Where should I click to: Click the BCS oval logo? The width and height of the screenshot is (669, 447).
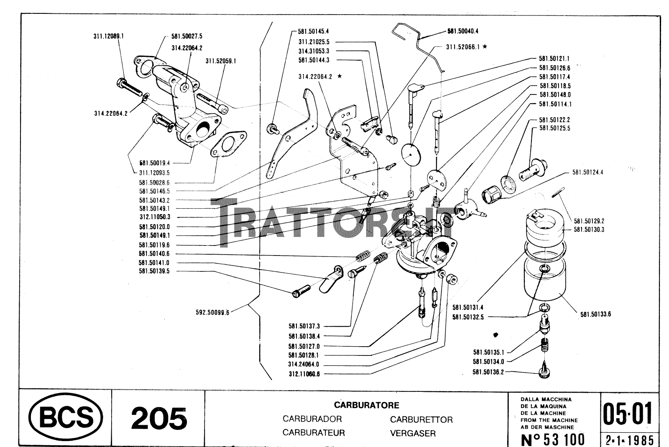click(66, 418)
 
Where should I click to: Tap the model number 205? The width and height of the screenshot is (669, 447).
click(158, 419)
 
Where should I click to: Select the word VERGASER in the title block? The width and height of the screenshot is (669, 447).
click(413, 434)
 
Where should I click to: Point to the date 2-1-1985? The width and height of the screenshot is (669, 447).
click(629, 440)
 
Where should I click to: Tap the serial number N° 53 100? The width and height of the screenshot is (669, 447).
click(552, 439)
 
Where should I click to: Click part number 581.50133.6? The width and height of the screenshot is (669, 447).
click(595, 314)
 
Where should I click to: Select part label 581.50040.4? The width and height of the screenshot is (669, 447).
click(463, 31)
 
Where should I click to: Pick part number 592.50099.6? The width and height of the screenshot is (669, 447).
click(212, 312)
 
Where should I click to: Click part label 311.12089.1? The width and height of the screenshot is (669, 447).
click(108, 36)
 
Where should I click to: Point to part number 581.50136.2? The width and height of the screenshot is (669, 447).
click(488, 372)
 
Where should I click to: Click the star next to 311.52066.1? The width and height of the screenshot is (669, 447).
click(485, 47)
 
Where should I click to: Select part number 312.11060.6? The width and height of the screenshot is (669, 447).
click(304, 374)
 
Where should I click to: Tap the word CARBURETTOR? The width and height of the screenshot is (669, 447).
click(421, 419)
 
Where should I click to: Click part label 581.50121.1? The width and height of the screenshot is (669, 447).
click(554, 59)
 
